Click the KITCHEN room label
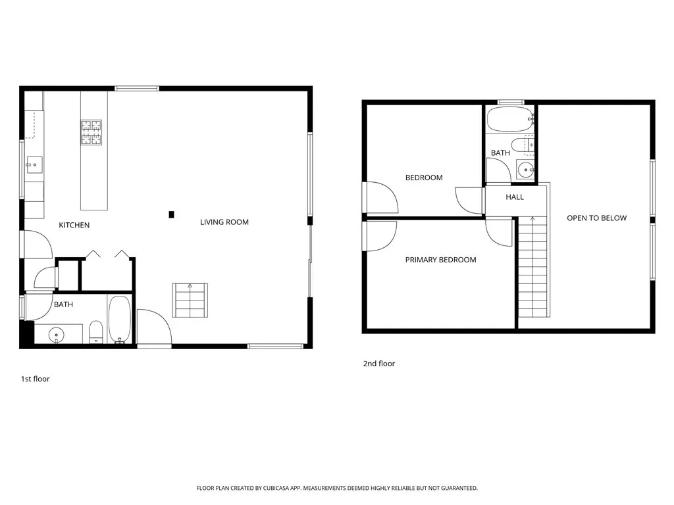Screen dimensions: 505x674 (x=74, y=225)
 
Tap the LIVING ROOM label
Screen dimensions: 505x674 (x=224, y=222)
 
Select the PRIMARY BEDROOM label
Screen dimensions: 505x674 (x=440, y=260)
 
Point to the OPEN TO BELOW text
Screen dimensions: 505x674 (x=596, y=218)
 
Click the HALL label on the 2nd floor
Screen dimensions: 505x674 (x=515, y=197)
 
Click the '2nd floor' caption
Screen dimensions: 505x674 (x=379, y=364)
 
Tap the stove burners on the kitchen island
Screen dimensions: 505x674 (x=91, y=132)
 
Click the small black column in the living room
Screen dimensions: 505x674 (x=171, y=214)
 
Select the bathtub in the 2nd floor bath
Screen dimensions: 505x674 (x=509, y=120)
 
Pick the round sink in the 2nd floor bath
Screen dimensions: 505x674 (x=526, y=170)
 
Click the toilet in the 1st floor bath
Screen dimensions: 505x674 (x=96, y=333)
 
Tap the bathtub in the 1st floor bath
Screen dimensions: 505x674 (x=120, y=320)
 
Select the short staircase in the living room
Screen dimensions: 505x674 (x=190, y=300)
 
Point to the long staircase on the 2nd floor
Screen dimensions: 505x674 (x=532, y=266)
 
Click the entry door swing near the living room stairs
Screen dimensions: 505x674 (x=153, y=327)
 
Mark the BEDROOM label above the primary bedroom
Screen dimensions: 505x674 (x=424, y=178)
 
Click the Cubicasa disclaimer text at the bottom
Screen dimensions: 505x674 (x=336, y=488)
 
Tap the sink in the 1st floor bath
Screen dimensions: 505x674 (x=57, y=335)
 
